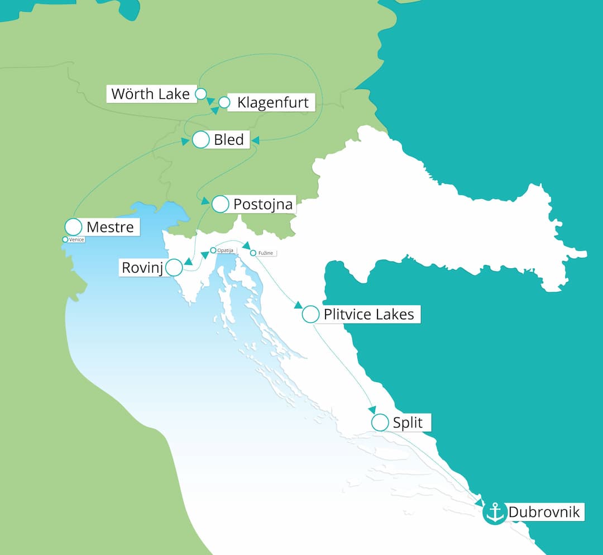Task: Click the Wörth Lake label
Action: pyautogui.click(x=150, y=93)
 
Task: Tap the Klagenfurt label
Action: pyautogui.click(x=272, y=103)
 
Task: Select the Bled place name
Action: pyautogui.click(x=229, y=140)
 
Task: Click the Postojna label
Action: pyautogui.click(x=262, y=205)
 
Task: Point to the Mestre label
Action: pyautogui.click(x=110, y=227)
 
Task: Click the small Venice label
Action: pyautogui.click(x=76, y=240)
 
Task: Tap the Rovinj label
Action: pyautogui.click(x=142, y=268)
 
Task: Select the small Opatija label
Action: pyautogui.click(x=225, y=250)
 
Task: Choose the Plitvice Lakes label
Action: pyautogui.click(x=368, y=315)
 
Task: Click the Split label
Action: pyautogui.click(x=408, y=423)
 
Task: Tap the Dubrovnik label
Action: pyautogui.click(x=544, y=512)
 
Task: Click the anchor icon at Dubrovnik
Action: pyautogui.click(x=495, y=513)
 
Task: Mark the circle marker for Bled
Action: pyautogui.click(x=200, y=140)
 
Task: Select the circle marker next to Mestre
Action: pyautogui.click(x=74, y=227)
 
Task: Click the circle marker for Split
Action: pyautogui.click(x=380, y=423)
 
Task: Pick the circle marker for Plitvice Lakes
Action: pyautogui.click(x=310, y=315)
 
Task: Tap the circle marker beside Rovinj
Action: pyautogui.click(x=174, y=268)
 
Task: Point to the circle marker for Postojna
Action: pyautogui.click(x=221, y=205)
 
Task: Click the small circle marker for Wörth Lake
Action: pyautogui.click(x=200, y=93)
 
